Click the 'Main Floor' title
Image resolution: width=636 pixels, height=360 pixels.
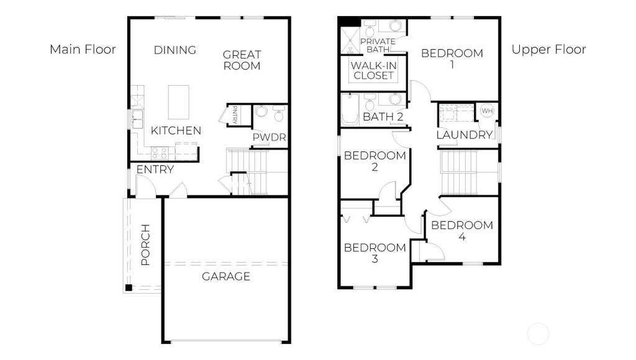tap(83, 50)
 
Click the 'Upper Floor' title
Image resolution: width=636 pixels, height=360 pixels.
tap(548, 50)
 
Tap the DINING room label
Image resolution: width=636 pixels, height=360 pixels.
tap(175, 50)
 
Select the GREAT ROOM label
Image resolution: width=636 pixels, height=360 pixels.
tap(242, 60)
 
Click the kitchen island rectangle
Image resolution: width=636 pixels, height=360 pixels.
tap(178, 102)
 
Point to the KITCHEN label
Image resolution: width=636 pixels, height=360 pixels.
tap(176, 130)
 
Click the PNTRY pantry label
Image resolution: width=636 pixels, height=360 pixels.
tap(235, 114)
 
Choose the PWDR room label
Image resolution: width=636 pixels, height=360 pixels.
tap(269, 137)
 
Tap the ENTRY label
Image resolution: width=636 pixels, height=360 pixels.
tap(155, 169)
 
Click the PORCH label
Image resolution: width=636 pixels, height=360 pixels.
tap(145, 245)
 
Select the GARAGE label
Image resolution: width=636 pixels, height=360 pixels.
tap(226, 276)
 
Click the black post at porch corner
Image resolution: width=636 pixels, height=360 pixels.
tap(129, 288)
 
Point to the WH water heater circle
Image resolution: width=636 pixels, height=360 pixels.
tap(487, 110)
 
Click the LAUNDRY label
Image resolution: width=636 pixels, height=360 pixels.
tap(465, 135)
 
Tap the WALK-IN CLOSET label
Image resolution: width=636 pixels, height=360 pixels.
tap(373, 71)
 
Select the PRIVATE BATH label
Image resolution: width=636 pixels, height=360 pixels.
tap(378, 45)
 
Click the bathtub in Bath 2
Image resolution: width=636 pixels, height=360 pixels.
tap(350, 109)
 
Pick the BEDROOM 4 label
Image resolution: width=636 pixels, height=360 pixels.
tap(462, 231)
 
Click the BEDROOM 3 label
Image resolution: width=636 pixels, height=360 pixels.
tap(375, 253)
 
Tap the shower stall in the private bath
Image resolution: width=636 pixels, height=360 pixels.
tap(350, 40)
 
